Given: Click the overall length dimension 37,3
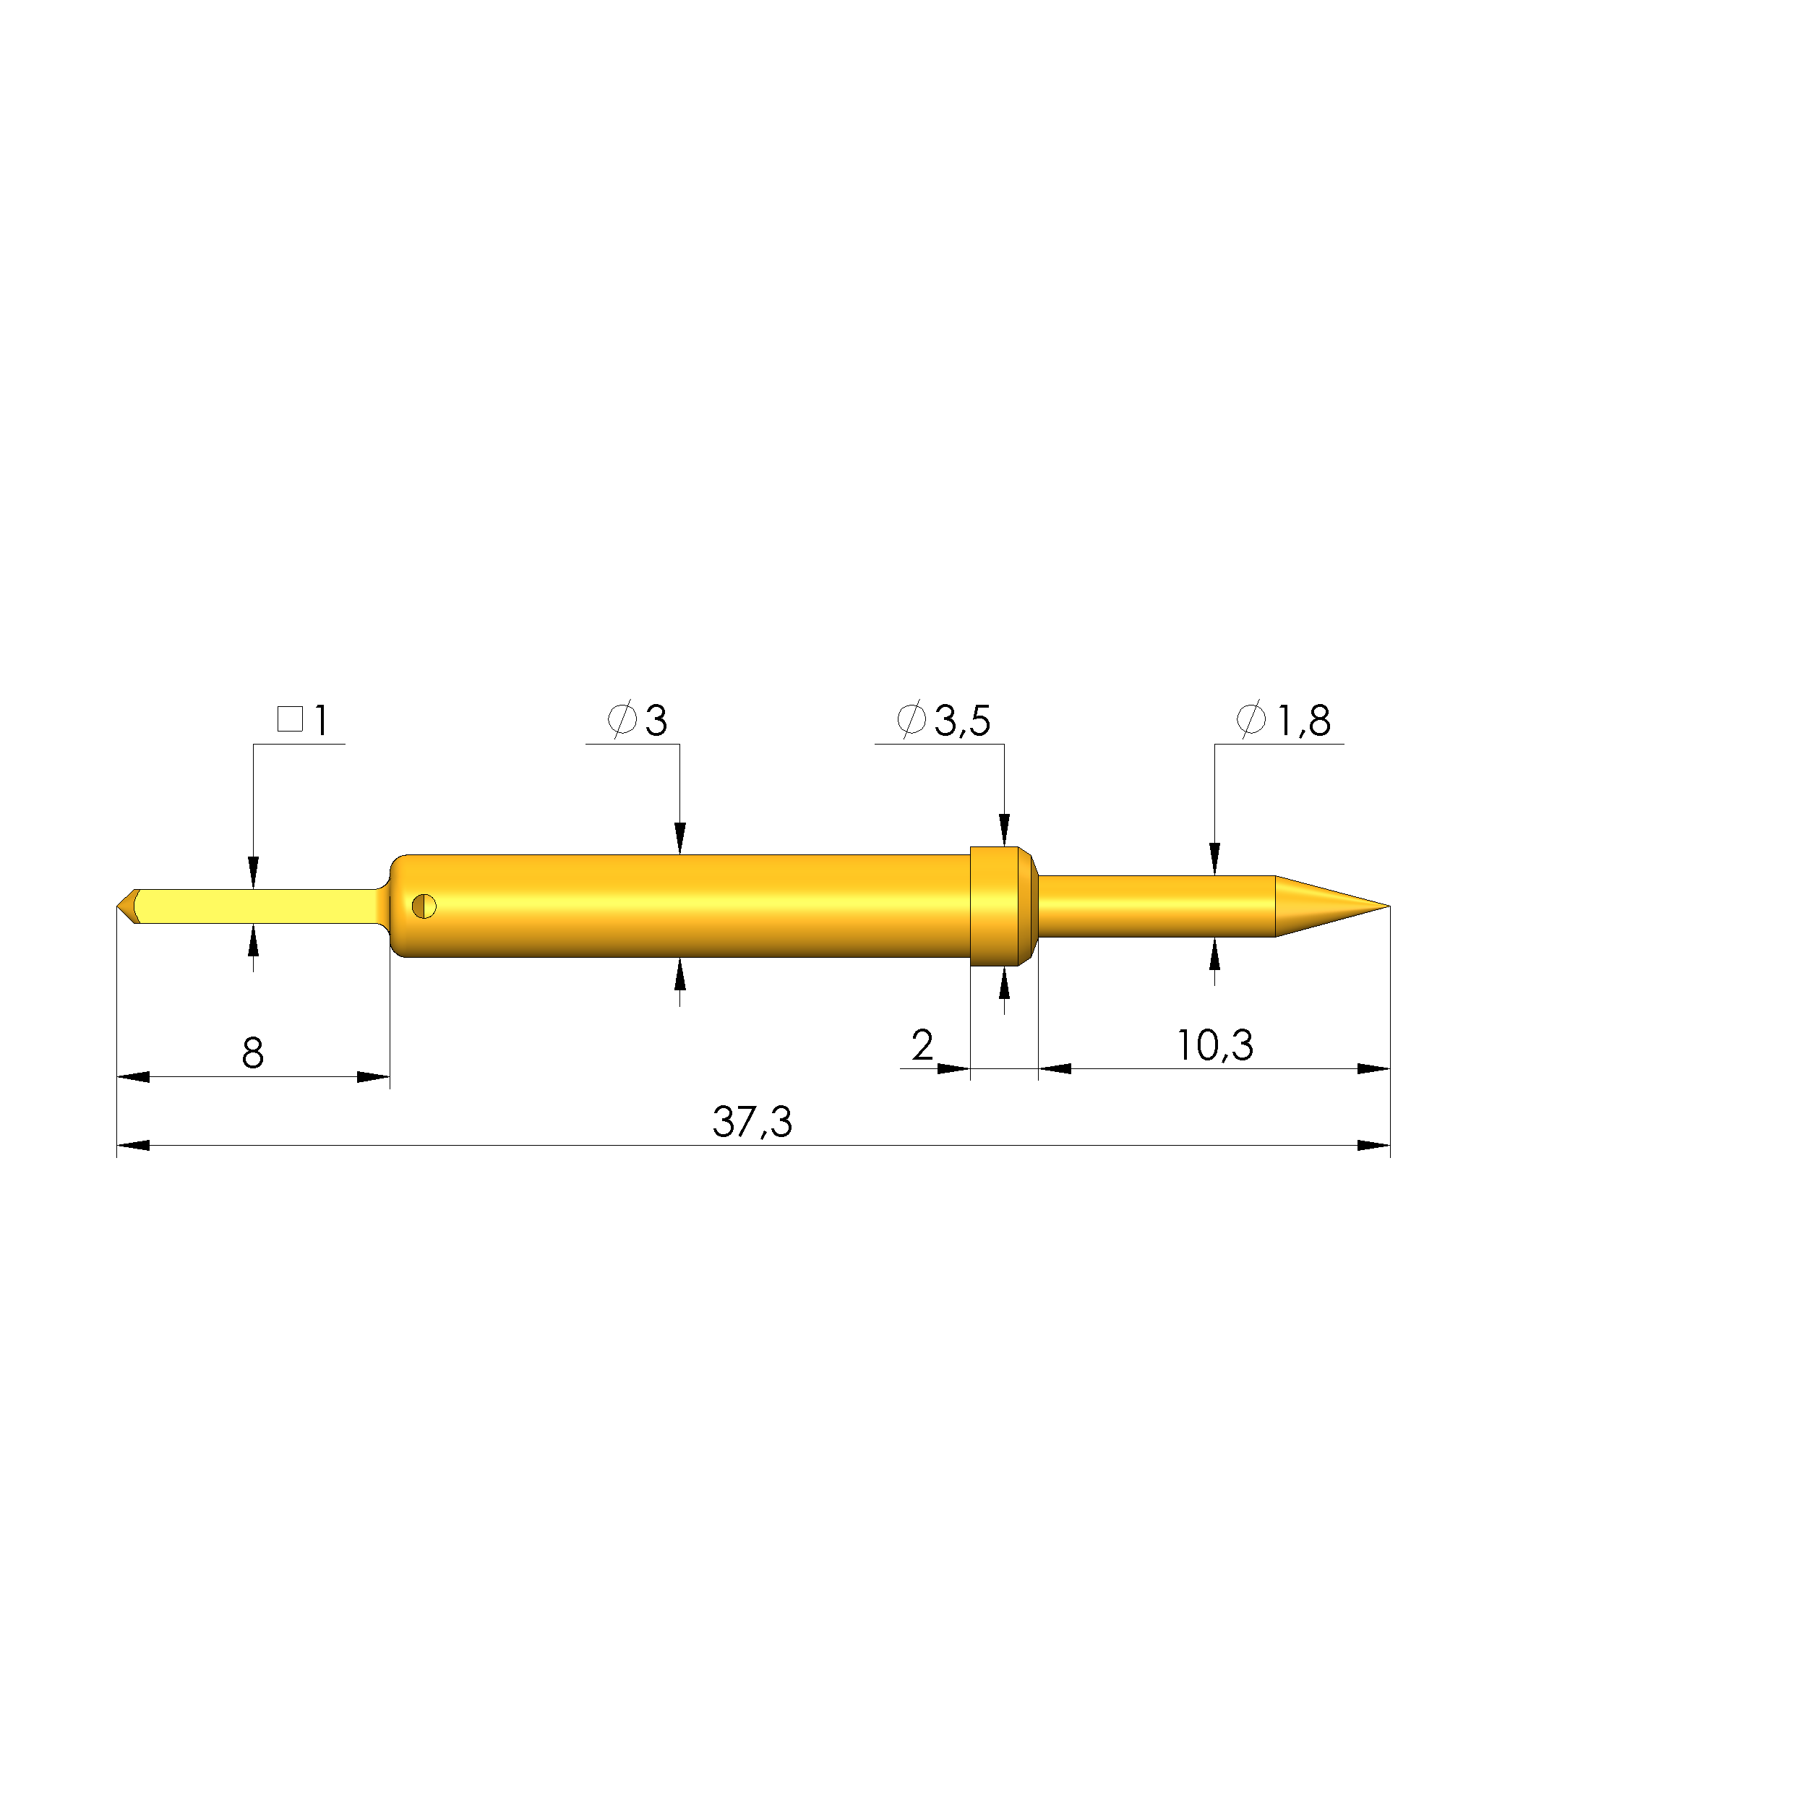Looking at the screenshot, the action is coord(752,1121).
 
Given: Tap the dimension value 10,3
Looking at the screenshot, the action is coord(1214,1045).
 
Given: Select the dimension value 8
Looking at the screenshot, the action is coord(253,1053).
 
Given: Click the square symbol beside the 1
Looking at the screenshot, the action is coord(291,719).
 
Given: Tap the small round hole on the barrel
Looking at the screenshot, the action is coord(424,906).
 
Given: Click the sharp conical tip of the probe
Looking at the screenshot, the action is coord(1389,906).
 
